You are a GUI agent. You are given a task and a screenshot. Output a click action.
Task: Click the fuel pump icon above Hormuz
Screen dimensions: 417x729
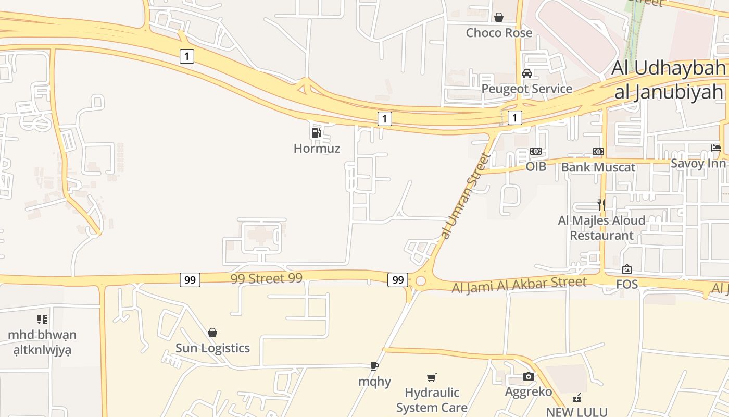(316, 132)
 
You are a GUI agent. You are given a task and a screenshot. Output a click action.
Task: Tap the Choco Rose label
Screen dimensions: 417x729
(499, 33)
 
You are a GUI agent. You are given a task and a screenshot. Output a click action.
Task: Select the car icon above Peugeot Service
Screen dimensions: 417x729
(527, 73)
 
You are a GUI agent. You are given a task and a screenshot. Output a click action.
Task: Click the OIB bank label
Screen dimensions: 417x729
(536, 167)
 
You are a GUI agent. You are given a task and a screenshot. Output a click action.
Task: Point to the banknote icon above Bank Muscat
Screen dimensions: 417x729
(598, 152)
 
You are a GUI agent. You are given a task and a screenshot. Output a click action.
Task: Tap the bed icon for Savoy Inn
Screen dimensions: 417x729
(716, 148)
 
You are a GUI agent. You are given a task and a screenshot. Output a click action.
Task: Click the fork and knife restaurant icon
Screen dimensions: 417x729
(601, 204)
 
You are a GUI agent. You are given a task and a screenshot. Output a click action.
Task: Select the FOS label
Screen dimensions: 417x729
(627, 285)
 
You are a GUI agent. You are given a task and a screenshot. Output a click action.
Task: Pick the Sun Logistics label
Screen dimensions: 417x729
(212, 348)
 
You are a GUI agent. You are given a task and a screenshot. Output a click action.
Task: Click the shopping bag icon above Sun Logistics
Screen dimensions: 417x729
(212, 333)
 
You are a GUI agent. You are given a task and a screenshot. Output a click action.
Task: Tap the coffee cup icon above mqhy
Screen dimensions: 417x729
(374, 366)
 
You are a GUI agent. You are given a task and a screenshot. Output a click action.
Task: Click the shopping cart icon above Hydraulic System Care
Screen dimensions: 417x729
(432, 377)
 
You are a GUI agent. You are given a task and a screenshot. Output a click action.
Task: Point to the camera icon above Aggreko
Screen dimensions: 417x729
(529, 376)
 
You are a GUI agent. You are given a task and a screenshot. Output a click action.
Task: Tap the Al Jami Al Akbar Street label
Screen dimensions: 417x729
(519, 285)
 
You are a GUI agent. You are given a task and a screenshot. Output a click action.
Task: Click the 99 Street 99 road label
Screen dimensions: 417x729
(266, 278)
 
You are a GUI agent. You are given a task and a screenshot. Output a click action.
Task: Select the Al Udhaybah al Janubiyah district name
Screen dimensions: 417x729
(669, 79)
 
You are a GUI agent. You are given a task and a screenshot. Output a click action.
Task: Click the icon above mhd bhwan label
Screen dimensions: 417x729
(42, 319)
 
